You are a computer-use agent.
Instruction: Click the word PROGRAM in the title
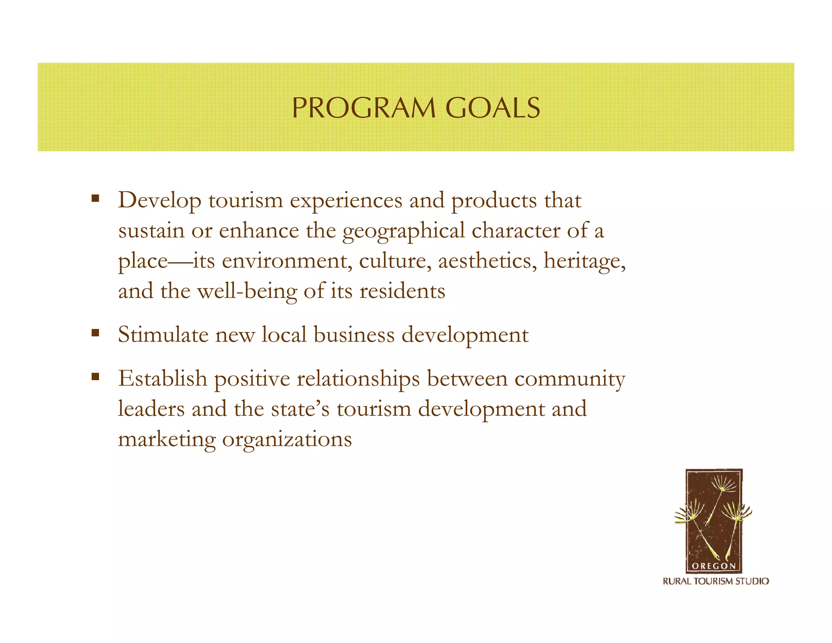[364, 108]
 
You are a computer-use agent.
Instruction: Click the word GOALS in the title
[492, 108]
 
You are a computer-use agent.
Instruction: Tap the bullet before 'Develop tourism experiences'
[95, 199]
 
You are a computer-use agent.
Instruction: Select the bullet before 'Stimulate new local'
[95, 333]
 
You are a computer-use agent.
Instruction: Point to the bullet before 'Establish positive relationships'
[95, 377]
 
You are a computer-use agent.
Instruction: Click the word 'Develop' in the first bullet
[159, 200]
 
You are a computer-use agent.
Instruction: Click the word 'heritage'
[584, 261]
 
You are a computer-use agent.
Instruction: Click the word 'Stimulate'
[163, 335]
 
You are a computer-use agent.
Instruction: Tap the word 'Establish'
[162, 378]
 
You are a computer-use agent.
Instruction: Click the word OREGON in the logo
[713, 566]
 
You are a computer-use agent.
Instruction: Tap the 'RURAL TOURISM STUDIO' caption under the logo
[716, 581]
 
